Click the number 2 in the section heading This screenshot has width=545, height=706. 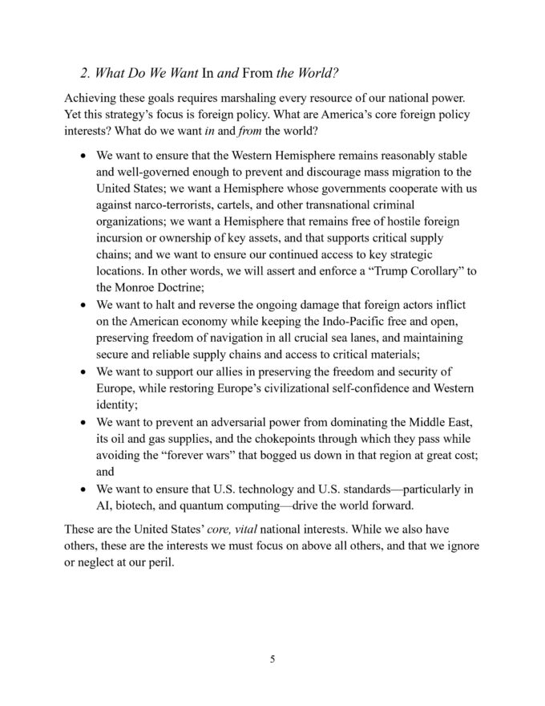[86, 73]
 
